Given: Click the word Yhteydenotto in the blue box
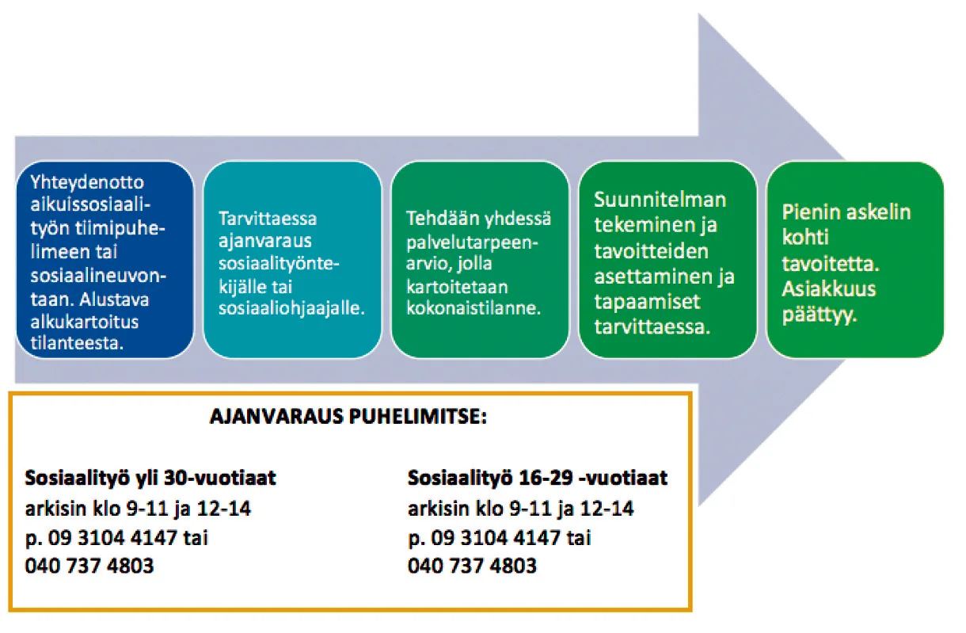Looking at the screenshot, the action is click(87, 183).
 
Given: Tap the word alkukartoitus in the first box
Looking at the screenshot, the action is click(85, 322).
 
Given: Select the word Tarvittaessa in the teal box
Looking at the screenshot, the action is click(268, 219).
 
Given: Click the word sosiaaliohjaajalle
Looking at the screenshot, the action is click(291, 308).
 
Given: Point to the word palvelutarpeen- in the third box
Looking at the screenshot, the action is click(472, 243).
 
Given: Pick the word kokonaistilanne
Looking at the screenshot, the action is click(473, 308).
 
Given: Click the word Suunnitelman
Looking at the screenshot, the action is click(660, 200).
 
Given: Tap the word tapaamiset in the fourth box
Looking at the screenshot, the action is click(647, 302).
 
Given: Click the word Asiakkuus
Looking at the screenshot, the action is click(829, 289).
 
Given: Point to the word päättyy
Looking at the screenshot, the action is click(820, 315).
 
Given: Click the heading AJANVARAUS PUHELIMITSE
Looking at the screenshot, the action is click(348, 417).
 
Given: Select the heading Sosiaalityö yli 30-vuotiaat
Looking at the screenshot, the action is click(150, 478).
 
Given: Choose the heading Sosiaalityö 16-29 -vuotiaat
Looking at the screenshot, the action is click(538, 478).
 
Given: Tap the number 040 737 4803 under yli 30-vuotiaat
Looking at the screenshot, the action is click(89, 566).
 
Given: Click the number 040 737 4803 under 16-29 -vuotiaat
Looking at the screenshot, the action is click(472, 566).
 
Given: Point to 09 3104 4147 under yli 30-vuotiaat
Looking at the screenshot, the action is click(112, 538).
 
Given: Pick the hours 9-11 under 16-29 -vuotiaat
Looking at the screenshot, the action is click(530, 509).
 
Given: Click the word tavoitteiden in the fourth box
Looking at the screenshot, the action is click(651, 251).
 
